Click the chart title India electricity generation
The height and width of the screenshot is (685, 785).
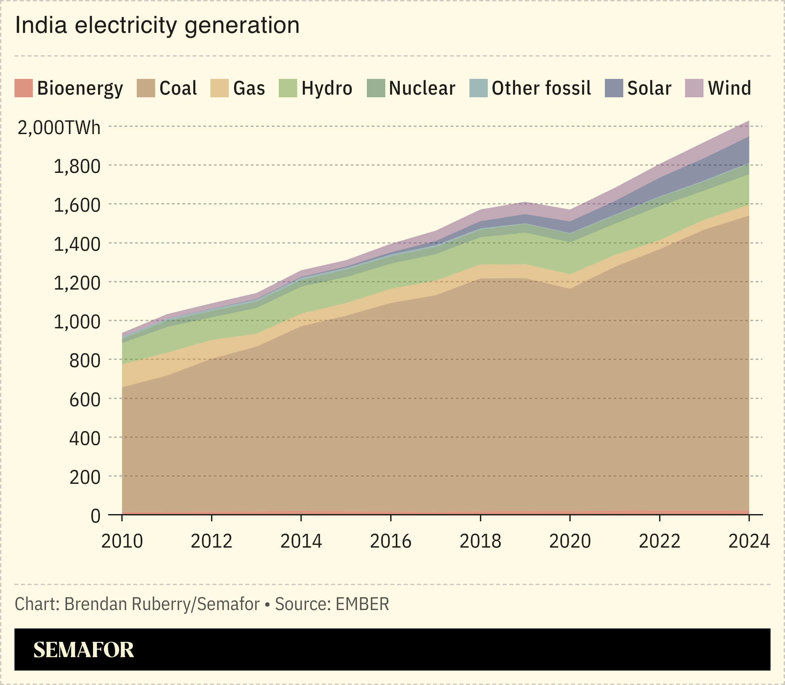point(157,26)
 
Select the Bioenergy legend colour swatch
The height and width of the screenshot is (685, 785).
point(23,88)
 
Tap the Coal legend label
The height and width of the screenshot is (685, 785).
point(178,88)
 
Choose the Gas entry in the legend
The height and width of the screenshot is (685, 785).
point(249,88)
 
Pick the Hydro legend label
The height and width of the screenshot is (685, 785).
point(326,88)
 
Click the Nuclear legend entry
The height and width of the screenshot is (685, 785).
point(422,88)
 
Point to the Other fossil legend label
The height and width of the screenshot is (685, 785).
point(541,88)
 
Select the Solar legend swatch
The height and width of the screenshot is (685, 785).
point(614,88)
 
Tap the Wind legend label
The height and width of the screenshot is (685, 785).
point(729,88)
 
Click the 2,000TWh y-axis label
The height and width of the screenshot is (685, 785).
point(59,127)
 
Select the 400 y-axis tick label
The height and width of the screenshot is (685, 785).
point(84,438)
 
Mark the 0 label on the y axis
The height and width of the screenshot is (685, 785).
point(95,516)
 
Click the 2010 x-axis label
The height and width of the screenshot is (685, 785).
point(122,541)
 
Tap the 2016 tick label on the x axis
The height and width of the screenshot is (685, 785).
point(391,541)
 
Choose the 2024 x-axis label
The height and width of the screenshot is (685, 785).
point(749,541)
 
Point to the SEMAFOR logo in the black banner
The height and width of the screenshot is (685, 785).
point(84,650)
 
